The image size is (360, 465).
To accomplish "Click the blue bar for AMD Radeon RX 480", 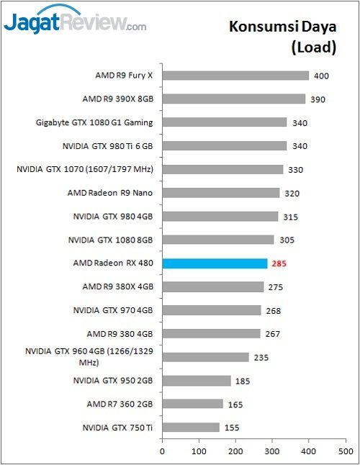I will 215,263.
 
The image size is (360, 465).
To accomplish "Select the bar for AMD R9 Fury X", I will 235,75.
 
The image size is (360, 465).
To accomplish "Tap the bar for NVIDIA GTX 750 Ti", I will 191,428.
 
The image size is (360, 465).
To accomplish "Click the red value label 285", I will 279,263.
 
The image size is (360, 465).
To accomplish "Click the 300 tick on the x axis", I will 272,451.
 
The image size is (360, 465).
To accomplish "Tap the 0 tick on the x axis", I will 162,451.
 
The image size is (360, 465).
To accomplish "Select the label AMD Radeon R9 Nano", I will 110,193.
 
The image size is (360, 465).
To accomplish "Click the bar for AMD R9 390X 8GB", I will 233,99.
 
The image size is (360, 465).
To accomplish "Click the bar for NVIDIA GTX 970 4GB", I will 212,310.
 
